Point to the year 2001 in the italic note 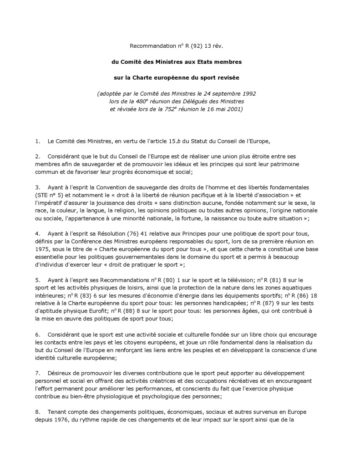234,109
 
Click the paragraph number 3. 37,187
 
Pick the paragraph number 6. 37,335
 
